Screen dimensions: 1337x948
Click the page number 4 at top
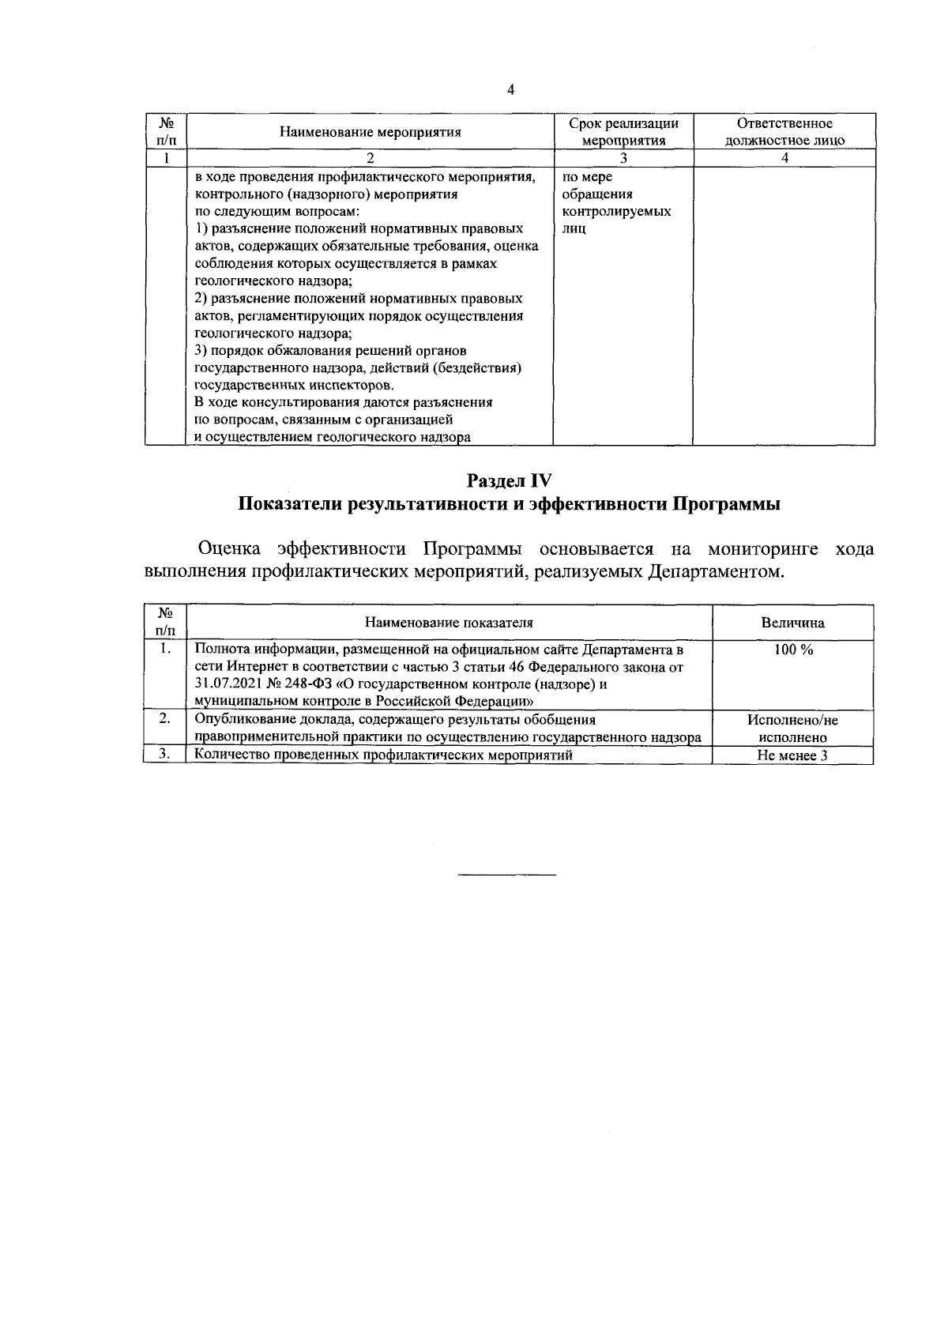pos(510,90)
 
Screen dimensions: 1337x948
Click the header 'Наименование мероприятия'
pos(371,132)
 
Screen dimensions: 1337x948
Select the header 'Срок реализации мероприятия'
pos(623,132)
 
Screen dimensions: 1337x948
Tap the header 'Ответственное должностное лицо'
pos(784,132)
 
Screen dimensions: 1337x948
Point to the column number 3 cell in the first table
pos(623,158)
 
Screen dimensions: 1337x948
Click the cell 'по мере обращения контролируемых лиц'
pos(616,203)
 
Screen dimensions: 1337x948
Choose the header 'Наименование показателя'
pos(449,623)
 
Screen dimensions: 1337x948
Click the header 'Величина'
pos(792,623)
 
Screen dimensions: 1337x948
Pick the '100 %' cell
pos(792,650)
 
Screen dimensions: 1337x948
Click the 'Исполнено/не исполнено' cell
pos(792,729)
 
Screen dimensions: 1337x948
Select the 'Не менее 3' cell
pos(792,755)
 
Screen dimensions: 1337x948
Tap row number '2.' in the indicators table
pos(164,719)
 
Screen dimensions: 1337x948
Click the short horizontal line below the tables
pos(507,875)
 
